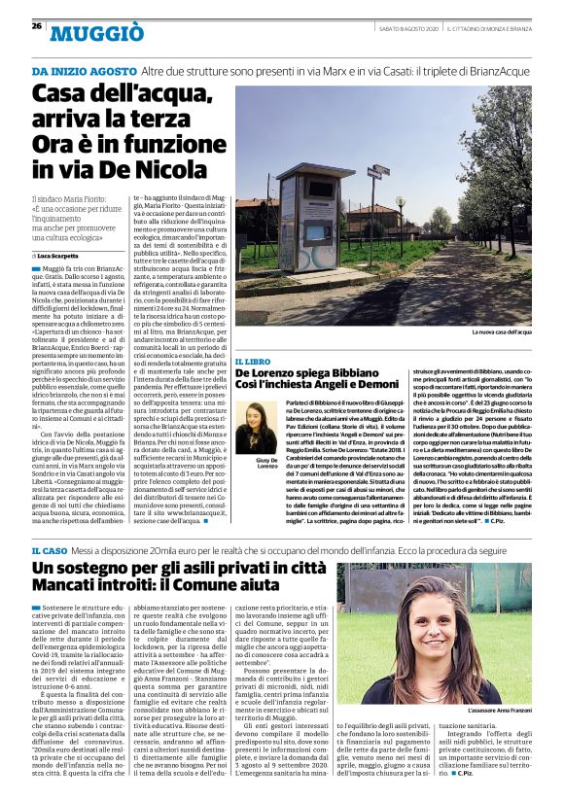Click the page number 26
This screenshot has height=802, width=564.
[36, 25]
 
